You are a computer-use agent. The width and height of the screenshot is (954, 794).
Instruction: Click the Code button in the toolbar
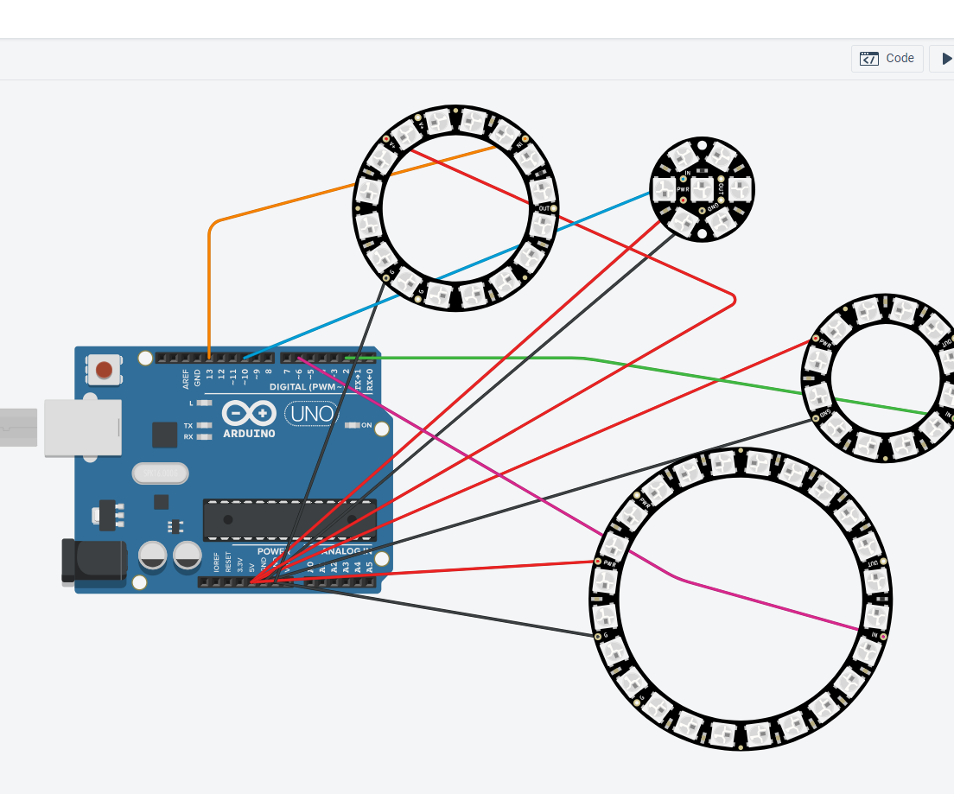887,59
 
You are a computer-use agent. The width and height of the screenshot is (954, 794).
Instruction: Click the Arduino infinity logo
249,414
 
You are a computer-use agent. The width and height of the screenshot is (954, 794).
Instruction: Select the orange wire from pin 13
209,285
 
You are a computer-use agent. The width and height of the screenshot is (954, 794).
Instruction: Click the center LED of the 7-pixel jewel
701,187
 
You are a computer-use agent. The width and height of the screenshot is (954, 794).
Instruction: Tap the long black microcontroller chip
289,519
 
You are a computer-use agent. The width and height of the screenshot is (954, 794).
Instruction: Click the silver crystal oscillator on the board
160,473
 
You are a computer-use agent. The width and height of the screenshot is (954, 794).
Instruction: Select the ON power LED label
366,425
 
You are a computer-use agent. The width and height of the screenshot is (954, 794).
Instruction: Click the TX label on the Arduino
188,426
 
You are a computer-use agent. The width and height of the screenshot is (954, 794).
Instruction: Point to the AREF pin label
186,378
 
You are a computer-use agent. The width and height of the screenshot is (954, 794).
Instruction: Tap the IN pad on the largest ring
874,635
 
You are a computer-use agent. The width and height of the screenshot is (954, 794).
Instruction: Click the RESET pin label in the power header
229,562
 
